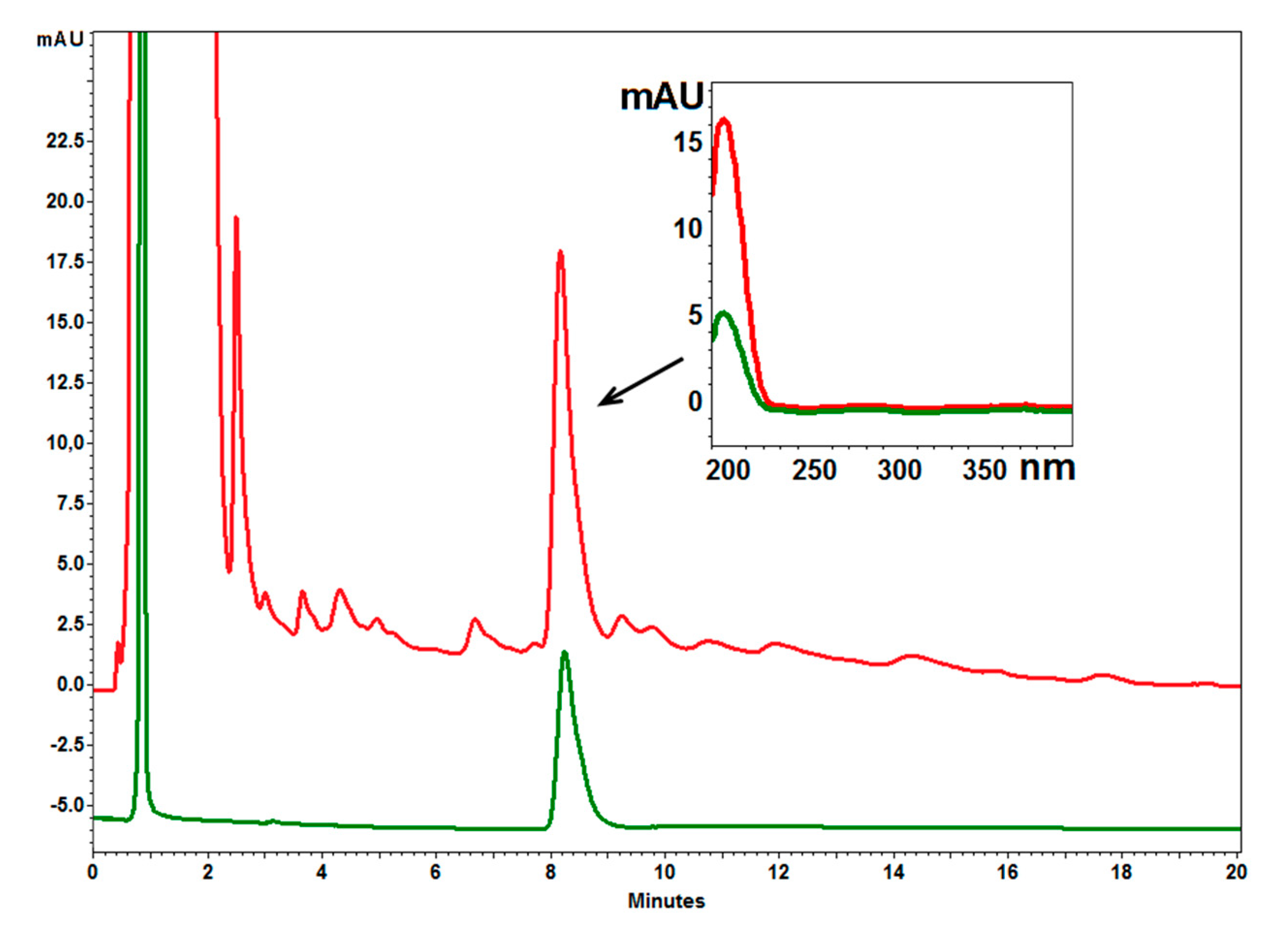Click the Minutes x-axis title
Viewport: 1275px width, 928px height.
[x=666, y=901]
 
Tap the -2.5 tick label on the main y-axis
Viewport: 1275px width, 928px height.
[x=66, y=745]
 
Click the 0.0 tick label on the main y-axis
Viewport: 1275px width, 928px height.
[x=70, y=685]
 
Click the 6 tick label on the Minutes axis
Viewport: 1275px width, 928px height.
[x=436, y=872]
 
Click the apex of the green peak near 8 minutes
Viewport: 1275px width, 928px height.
[x=565, y=652]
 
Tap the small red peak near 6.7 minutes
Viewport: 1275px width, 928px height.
[x=475, y=619]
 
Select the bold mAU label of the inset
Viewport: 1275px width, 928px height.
[x=661, y=96]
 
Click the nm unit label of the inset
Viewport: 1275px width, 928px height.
[x=1047, y=468]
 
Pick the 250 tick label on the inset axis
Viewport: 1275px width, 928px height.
[x=814, y=470]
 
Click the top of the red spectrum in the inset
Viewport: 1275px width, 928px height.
[x=724, y=119]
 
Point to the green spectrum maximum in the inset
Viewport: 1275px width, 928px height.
[x=724, y=313]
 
